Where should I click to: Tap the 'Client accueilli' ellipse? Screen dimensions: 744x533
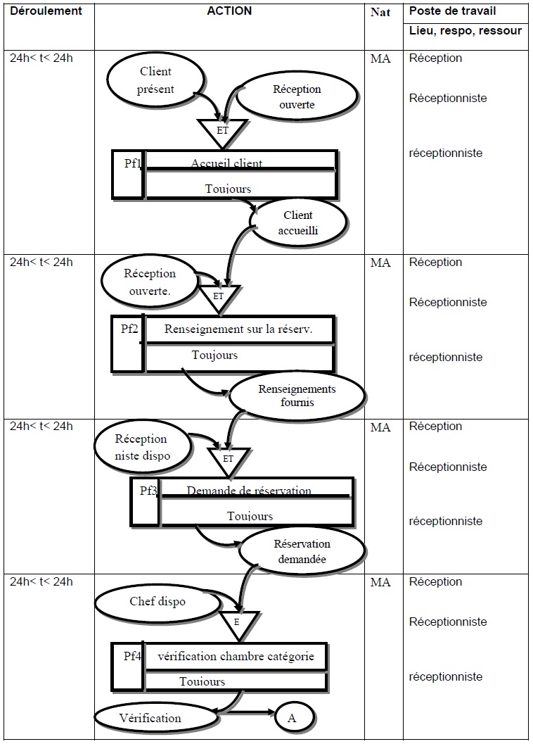click(x=298, y=223)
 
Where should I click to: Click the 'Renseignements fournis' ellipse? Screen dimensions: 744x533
click(x=297, y=396)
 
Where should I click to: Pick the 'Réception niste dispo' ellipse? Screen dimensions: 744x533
click(x=141, y=447)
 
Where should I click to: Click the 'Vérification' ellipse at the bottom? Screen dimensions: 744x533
click(x=150, y=719)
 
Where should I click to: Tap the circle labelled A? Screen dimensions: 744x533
click(x=292, y=718)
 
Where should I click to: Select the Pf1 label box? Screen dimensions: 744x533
click(x=129, y=174)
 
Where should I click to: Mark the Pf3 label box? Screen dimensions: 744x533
click(x=146, y=502)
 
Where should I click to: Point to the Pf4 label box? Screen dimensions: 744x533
click(x=128, y=666)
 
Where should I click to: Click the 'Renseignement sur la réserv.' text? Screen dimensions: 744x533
click(x=238, y=329)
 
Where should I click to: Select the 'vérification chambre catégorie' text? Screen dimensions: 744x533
click(x=236, y=656)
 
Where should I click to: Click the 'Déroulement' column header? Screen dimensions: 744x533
click(x=46, y=11)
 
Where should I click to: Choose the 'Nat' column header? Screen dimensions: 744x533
click(x=380, y=12)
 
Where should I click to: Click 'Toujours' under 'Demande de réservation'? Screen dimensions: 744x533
click(x=250, y=516)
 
